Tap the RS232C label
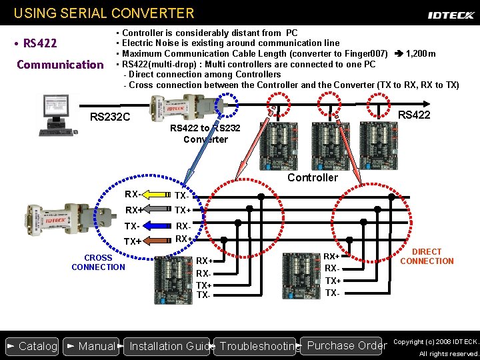click(x=110, y=118)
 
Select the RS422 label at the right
click(x=414, y=115)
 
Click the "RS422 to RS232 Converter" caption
click(x=205, y=134)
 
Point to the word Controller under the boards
click(x=313, y=177)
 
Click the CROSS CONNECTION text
click(x=98, y=263)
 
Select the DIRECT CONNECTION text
click(x=427, y=257)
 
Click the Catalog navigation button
click(x=32, y=346)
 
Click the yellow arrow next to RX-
click(x=156, y=195)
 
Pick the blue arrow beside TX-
click(x=156, y=226)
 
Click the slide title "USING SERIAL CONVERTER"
click(x=104, y=13)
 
